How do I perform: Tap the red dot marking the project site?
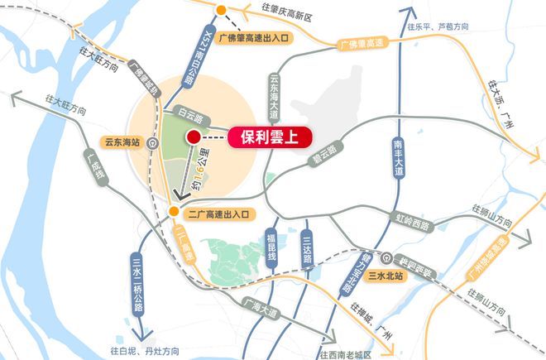[x=193, y=137]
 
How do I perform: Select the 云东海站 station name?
[x=119, y=142]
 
